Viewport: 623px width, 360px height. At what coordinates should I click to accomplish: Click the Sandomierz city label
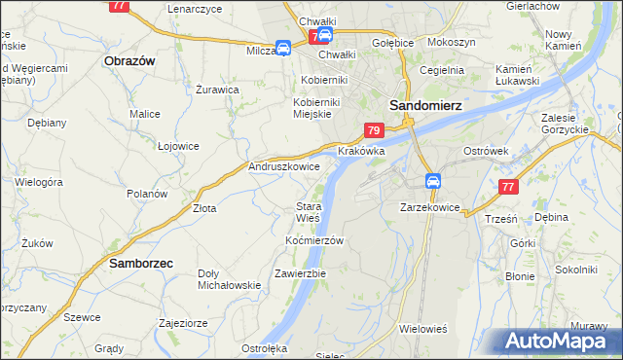(424, 105)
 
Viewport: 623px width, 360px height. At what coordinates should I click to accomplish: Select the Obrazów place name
(129, 60)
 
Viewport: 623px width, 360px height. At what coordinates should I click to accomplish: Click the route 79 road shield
(374, 130)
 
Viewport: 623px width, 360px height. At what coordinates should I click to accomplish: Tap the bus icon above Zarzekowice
(433, 181)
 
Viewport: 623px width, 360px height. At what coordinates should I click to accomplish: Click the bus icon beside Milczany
(282, 48)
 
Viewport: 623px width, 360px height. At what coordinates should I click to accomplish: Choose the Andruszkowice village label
(285, 167)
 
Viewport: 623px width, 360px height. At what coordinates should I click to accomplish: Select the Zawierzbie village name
(300, 273)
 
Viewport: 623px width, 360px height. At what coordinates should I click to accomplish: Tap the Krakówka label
(361, 153)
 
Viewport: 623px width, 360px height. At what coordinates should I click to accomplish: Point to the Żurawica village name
(217, 89)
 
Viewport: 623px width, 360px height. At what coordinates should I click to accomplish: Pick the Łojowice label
(178, 146)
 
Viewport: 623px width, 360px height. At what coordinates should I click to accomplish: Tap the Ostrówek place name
(487, 152)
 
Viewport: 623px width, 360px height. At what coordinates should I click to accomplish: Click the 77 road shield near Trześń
(506, 188)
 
